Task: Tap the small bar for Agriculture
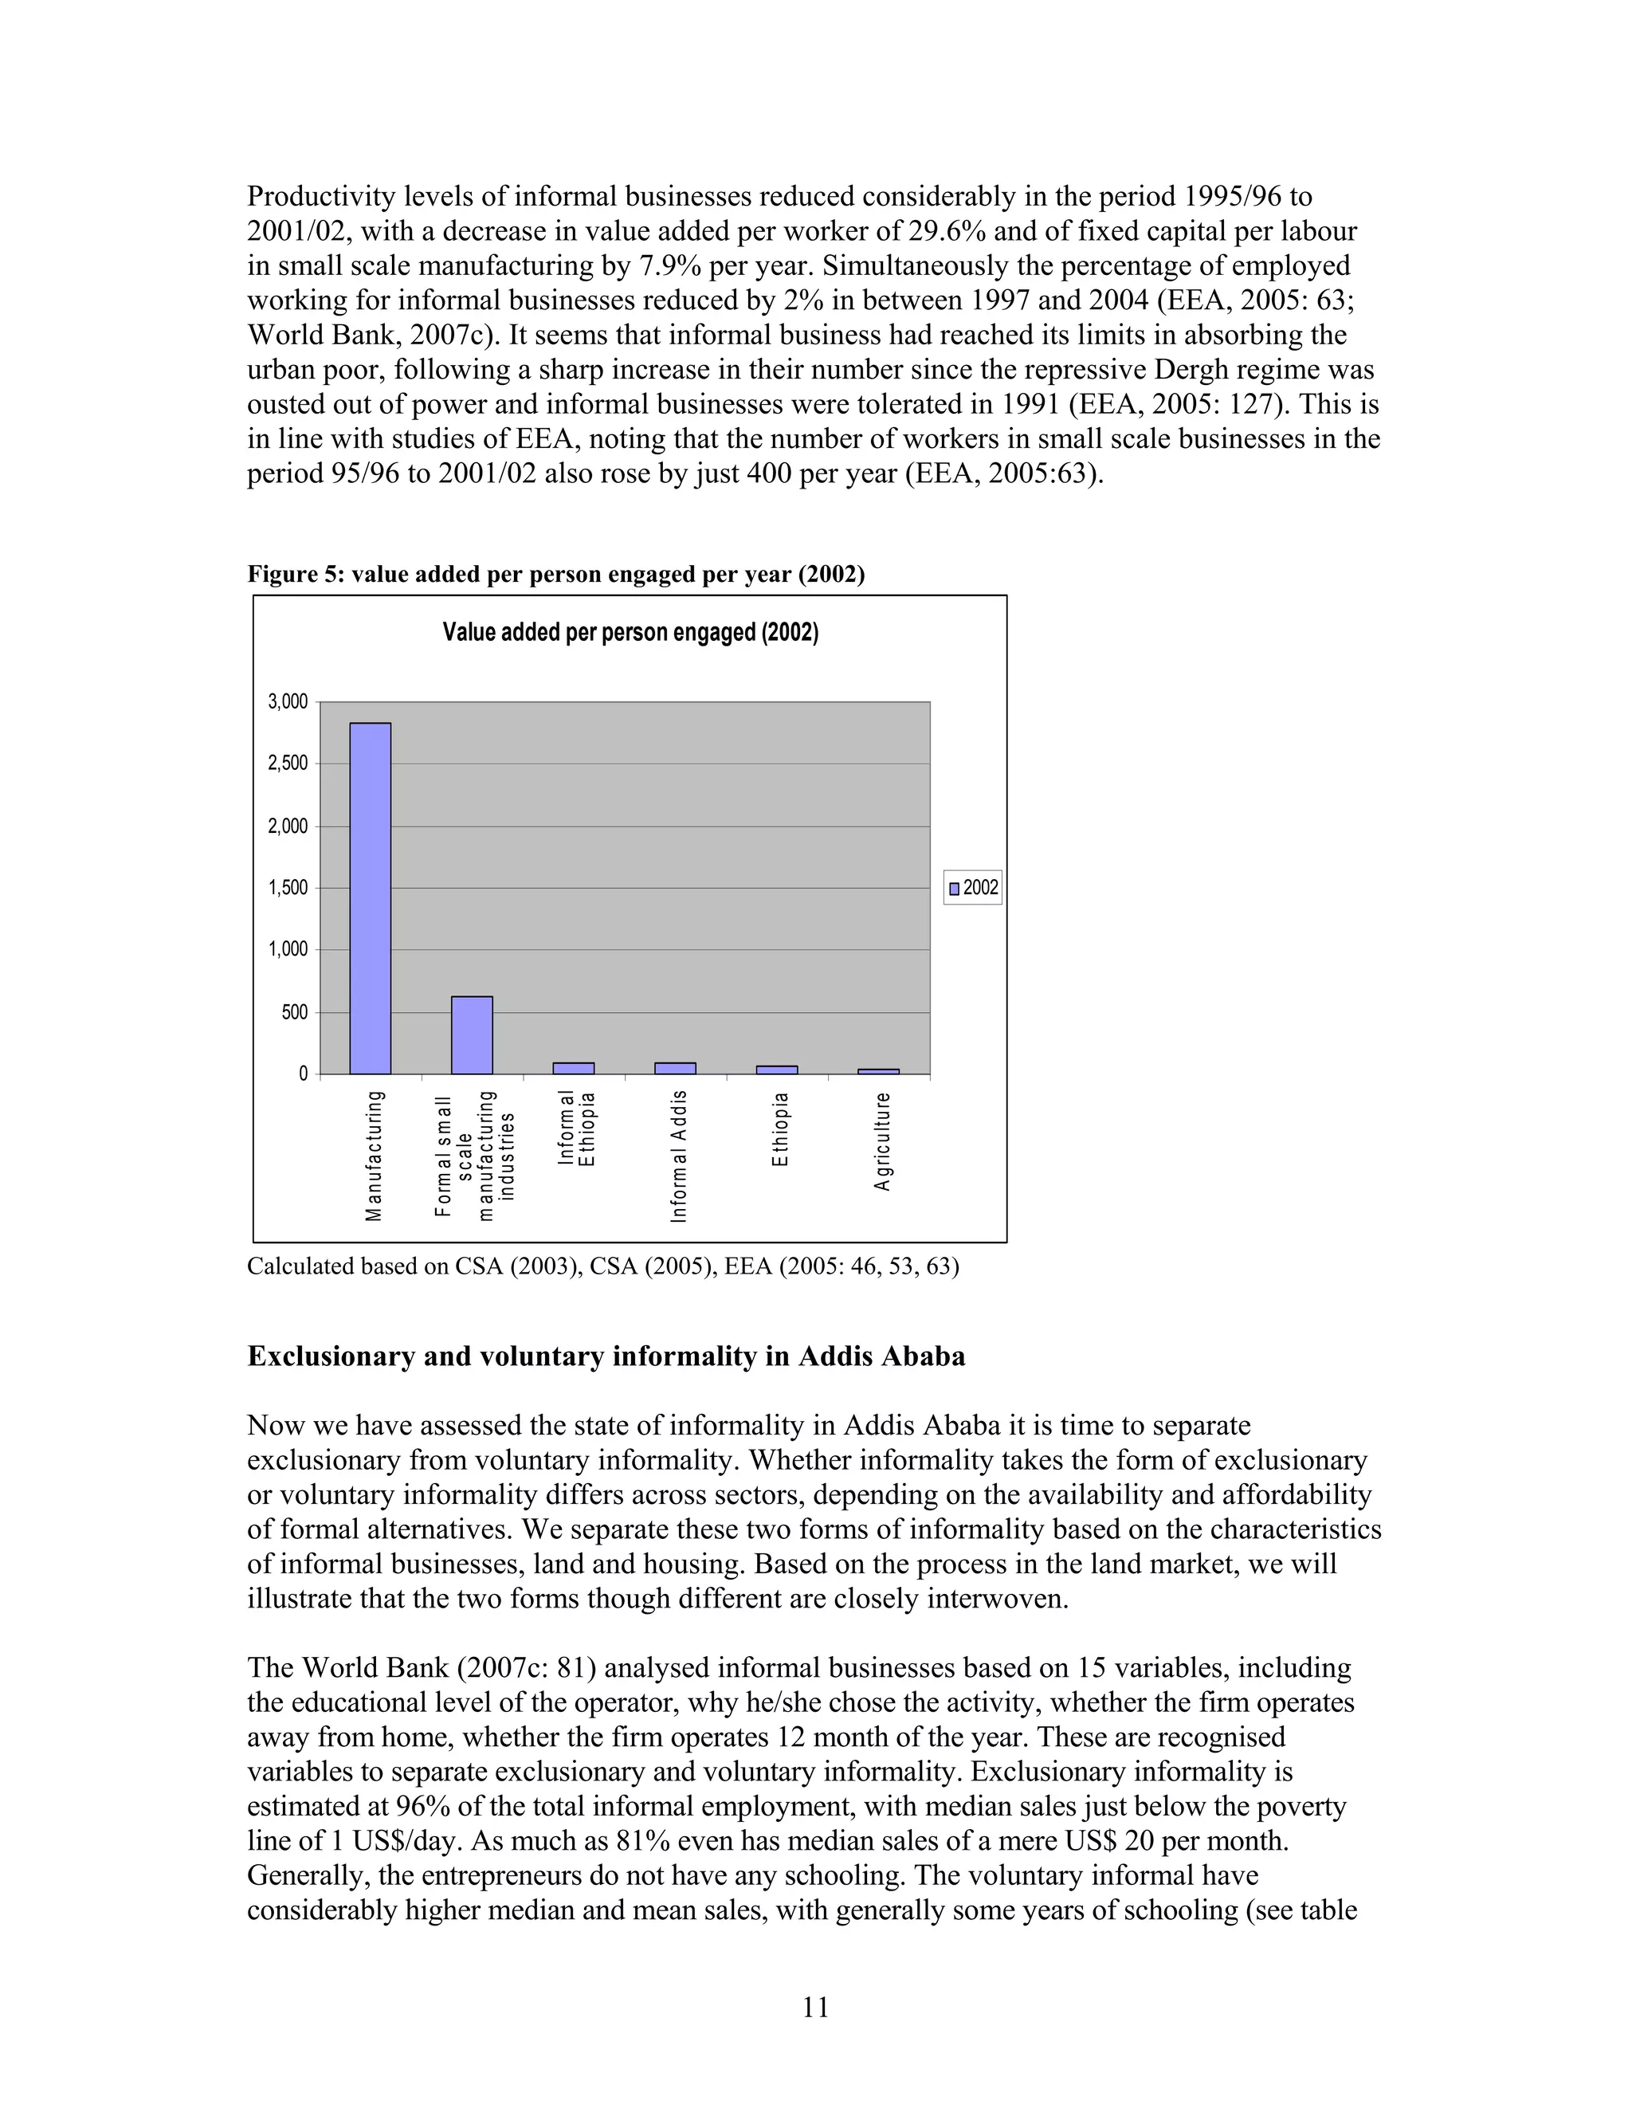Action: click(x=879, y=1071)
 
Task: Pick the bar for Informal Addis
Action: click(x=675, y=1069)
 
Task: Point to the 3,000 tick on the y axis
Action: click(x=288, y=702)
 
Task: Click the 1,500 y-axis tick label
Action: click(x=288, y=888)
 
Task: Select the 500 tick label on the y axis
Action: click(x=295, y=1012)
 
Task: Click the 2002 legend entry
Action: click(x=974, y=888)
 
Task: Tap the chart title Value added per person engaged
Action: click(x=630, y=633)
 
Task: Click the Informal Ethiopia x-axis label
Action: click(x=576, y=1129)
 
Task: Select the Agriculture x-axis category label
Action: click(x=882, y=1142)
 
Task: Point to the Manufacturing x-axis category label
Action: click(x=375, y=1156)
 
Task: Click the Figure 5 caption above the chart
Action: click(x=556, y=575)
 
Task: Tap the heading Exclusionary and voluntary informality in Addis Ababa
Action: click(x=606, y=1356)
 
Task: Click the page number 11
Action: click(x=815, y=2008)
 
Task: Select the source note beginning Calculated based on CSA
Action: click(x=602, y=1267)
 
